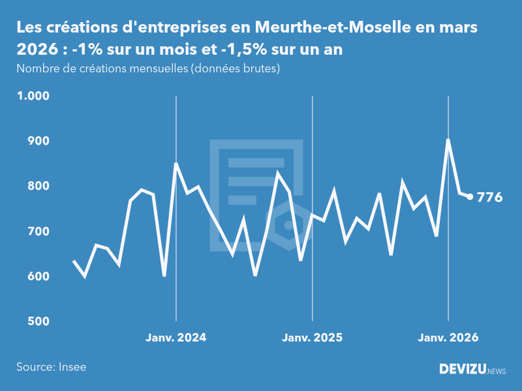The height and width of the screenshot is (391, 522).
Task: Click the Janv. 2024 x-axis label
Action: pyautogui.click(x=176, y=338)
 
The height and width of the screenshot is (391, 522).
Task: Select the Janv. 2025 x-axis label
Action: pyautogui.click(x=312, y=338)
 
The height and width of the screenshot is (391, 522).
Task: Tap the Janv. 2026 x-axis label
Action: pyautogui.click(x=448, y=338)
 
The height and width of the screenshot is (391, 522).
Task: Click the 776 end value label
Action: pyautogui.click(x=489, y=197)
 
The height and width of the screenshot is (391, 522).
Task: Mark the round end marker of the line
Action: pyautogui.click(x=470, y=197)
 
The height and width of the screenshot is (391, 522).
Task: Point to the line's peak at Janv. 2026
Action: pyautogui.click(x=448, y=139)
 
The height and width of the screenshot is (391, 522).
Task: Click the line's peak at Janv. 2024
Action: pyautogui.click(x=176, y=164)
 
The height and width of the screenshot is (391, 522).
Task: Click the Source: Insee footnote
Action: pyautogui.click(x=51, y=367)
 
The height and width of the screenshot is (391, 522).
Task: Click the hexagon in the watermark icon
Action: pyautogui.click(x=288, y=225)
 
